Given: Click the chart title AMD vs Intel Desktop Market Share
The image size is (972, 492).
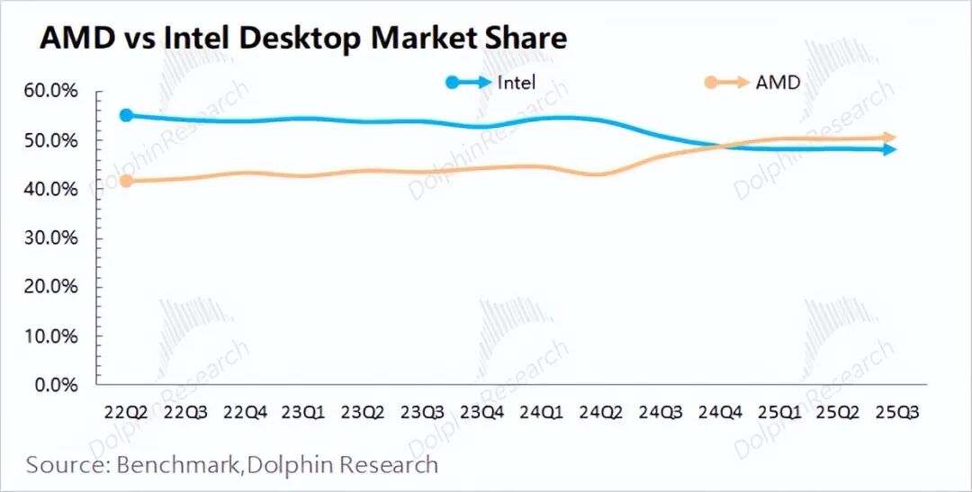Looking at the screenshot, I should point(303,38).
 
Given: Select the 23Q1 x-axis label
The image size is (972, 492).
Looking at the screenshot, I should point(302,411).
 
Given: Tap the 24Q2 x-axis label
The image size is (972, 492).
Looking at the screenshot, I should point(600,411).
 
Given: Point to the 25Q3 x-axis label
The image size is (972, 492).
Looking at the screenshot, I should point(899,411).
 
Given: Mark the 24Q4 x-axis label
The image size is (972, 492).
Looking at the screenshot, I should point(720,411).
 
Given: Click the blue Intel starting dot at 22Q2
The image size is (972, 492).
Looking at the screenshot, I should point(126,115).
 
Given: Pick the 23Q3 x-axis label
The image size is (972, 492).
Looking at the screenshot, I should point(421,411).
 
